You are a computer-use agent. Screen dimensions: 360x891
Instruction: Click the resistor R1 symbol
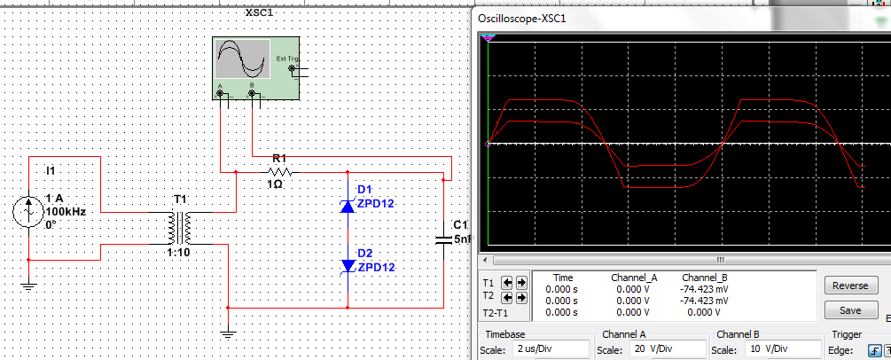(x=279, y=172)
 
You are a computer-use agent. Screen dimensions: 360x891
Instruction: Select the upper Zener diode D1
(x=348, y=206)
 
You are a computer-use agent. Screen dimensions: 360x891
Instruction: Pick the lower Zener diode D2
(x=348, y=265)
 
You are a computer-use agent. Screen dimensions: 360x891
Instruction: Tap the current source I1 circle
(x=28, y=213)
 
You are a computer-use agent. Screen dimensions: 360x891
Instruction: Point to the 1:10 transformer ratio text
(x=179, y=253)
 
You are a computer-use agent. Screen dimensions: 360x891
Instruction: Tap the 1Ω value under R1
(x=275, y=184)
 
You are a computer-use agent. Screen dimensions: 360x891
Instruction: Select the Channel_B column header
(x=705, y=278)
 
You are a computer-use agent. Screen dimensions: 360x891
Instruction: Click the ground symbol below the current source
(x=28, y=286)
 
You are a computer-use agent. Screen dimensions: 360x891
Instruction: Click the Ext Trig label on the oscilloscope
(x=288, y=59)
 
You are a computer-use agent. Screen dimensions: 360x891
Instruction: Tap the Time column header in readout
(x=562, y=278)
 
